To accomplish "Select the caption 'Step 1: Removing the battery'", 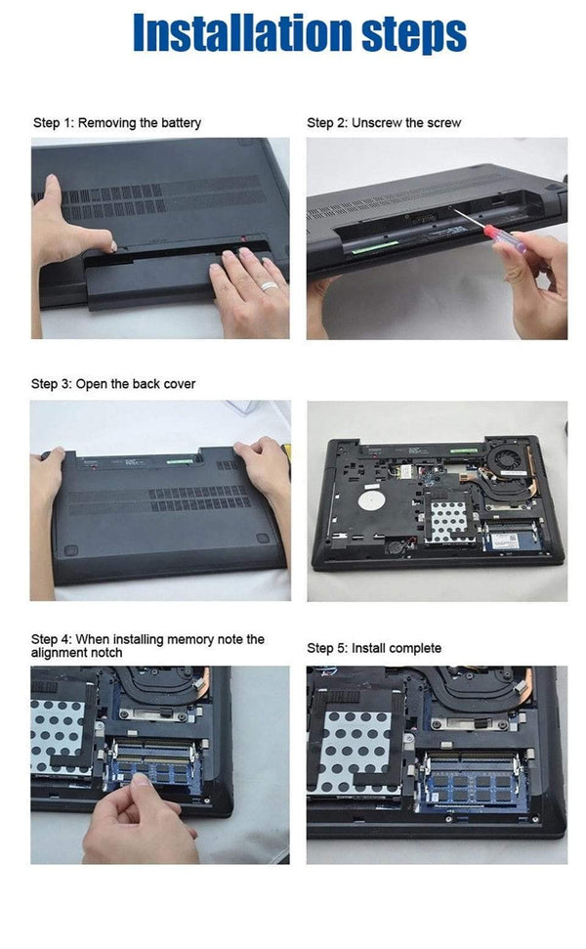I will pyautogui.click(x=117, y=123).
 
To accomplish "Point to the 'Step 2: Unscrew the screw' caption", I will pyautogui.click(x=384, y=123).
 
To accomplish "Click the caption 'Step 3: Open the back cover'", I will pyautogui.click(x=114, y=384).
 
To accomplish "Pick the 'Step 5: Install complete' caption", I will pyautogui.click(x=374, y=648).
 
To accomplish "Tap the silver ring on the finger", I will pyautogui.click(x=269, y=286).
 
